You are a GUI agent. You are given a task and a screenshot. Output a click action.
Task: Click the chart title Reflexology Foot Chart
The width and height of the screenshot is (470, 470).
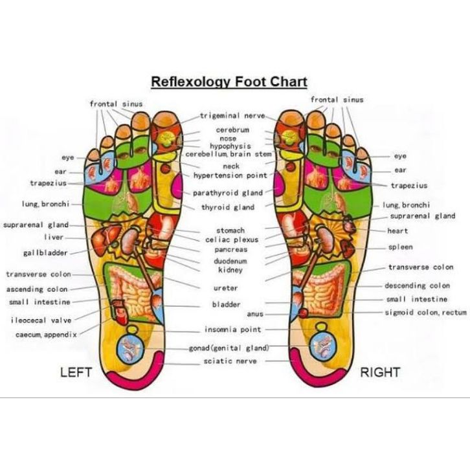229,82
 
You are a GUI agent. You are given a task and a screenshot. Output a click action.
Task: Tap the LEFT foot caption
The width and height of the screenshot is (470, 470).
76,372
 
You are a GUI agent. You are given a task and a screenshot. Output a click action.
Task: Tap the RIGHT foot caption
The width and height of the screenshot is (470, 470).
380,372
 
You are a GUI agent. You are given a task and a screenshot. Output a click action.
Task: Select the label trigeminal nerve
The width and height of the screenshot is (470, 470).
232,116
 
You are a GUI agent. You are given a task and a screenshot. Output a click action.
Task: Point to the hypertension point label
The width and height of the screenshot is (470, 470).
230,175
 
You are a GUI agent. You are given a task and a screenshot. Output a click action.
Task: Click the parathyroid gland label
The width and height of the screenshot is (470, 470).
228,193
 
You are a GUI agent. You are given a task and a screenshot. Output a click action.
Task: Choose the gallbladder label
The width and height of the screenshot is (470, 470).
45,252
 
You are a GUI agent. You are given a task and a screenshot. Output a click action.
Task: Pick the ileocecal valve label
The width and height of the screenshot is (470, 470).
41,320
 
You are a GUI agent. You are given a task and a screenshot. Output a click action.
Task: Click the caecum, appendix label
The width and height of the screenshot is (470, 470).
46,335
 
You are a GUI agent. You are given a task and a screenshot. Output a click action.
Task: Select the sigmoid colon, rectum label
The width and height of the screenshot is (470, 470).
426,312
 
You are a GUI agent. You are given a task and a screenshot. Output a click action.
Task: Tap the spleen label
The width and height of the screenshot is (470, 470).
401,247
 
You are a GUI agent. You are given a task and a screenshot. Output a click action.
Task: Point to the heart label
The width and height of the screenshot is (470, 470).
397,231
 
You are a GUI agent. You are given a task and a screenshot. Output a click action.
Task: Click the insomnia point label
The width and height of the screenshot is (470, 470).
233,330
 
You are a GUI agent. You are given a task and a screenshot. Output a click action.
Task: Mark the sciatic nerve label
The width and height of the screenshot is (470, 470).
230,361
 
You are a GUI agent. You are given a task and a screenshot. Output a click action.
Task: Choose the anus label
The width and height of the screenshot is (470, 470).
255,314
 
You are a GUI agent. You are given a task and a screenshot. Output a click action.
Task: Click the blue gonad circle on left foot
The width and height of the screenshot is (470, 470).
129,348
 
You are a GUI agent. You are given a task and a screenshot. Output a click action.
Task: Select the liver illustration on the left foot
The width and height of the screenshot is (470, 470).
104,236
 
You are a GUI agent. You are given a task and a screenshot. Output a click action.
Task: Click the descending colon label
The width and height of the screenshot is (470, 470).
418,285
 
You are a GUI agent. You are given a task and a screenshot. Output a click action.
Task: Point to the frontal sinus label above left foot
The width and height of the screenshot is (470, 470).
116,104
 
